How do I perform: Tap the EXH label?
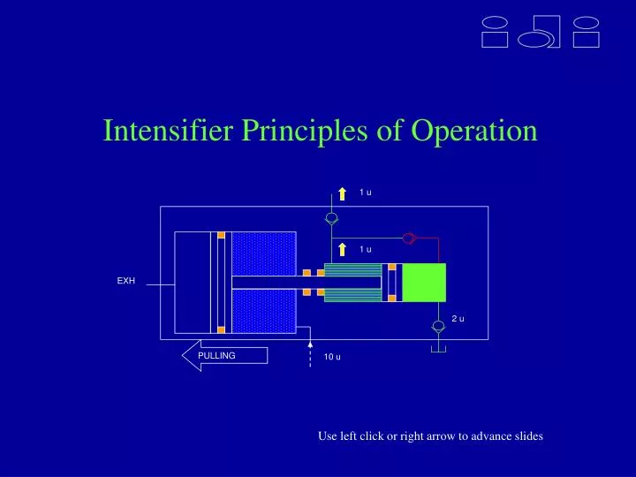(x=126, y=281)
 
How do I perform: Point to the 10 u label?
(x=332, y=357)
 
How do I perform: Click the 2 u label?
(x=458, y=319)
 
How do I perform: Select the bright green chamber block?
(x=424, y=284)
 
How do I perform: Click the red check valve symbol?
(x=409, y=238)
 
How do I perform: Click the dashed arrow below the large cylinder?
(x=310, y=353)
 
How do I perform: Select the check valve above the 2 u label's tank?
(x=437, y=326)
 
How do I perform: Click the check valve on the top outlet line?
(x=331, y=218)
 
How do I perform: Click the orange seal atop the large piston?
(x=221, y=236)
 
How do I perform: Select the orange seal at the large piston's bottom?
(x=221, y=330)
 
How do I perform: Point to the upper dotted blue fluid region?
(x=264, y=254)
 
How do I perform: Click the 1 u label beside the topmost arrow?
(x=365, y=193)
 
